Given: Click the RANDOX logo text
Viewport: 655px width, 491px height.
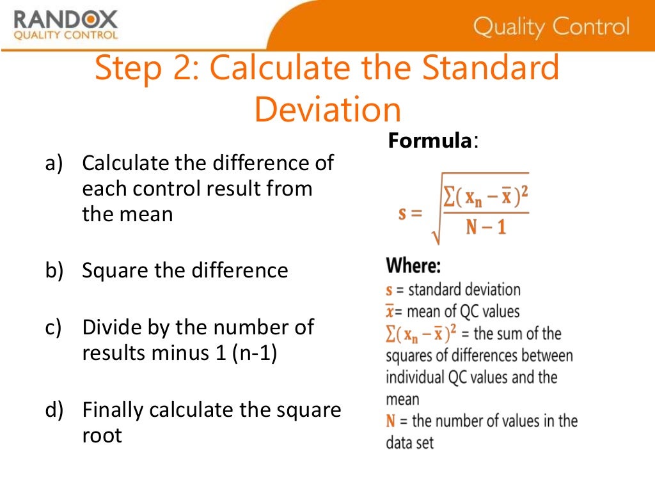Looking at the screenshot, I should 65,19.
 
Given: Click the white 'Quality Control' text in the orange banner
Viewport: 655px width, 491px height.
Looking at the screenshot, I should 551,27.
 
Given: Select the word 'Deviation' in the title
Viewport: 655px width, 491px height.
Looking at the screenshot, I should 327,110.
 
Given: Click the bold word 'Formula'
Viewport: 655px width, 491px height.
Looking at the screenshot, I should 429,140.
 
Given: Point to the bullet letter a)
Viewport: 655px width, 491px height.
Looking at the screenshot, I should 53,163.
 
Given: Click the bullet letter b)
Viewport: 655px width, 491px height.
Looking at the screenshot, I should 53,270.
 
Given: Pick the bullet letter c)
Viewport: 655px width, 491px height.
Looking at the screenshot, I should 53,327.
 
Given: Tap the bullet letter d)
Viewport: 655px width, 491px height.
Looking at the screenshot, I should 53,410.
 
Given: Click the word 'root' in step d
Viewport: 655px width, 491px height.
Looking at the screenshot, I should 102,435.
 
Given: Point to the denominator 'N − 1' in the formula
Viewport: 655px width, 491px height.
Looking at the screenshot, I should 485,227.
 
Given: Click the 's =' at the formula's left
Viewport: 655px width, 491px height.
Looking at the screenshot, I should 411,212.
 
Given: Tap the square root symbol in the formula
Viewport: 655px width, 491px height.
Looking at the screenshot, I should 437,217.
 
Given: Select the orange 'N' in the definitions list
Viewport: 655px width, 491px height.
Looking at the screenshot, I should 390,421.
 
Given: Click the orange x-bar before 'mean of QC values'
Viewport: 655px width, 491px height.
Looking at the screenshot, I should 390,311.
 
